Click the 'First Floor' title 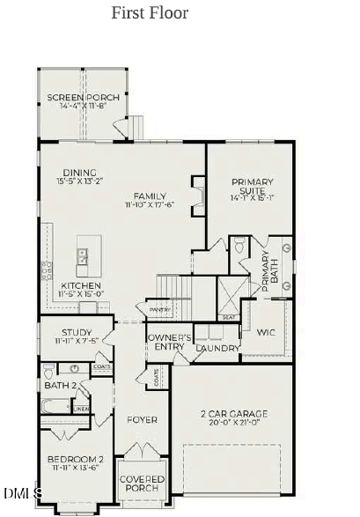coord(149,13)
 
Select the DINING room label coord(79,173)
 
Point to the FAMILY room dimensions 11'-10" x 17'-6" coord(150,205)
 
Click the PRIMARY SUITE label coord(253,188)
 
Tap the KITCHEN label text coord(79,285)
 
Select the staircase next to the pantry coord(174,287)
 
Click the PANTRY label coord(159,310)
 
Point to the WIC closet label coord(267,333)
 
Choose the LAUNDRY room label coord(217,348)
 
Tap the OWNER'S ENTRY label coord(166,343)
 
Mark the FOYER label coord(142,420)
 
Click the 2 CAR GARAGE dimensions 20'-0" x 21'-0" coord(233,423)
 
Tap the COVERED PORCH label coord(141,483)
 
